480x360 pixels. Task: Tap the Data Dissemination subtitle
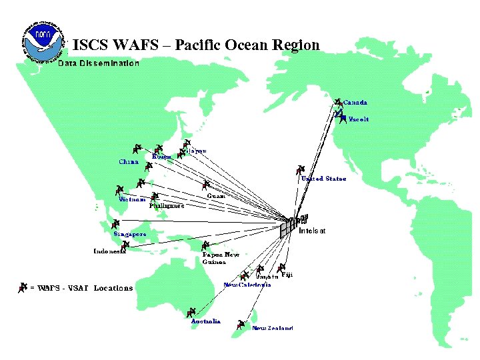99,63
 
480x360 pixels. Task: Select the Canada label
355,103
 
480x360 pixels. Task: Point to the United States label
323,179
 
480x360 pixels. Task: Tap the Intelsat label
312,231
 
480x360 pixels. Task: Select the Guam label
216,195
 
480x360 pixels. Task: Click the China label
129,161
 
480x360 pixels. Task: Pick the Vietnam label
132,199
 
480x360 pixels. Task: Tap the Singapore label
129,234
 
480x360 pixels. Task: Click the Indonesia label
109,251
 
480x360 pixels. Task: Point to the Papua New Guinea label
221,258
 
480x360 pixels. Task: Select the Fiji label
287,274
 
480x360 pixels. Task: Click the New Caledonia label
247,285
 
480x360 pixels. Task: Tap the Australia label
205,321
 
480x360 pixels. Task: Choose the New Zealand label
272,328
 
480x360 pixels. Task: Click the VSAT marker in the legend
24,287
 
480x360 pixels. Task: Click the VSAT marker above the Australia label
191,311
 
